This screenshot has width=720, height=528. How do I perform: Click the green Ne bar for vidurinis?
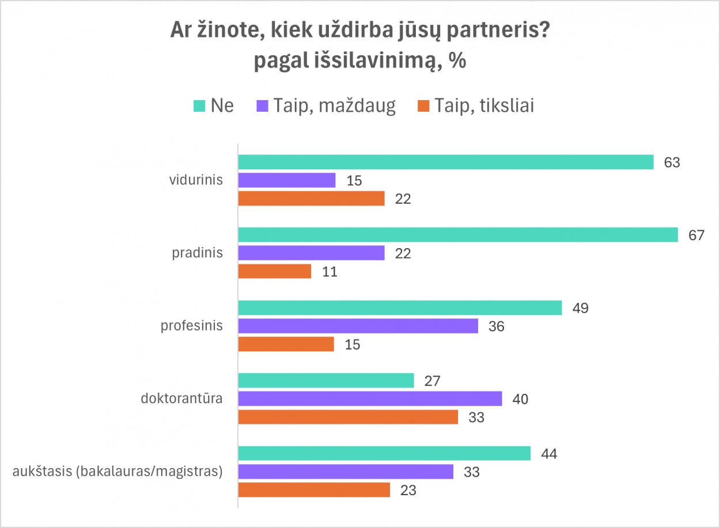pos(446,162)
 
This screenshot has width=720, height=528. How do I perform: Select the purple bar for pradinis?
pos(311,253)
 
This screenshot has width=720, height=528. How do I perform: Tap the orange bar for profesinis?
pos(286,344)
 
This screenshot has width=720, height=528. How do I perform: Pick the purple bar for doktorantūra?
pos(370,398)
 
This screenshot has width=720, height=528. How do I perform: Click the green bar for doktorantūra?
pos(326,380)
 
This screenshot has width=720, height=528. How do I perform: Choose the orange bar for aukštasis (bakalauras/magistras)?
pos(314,490)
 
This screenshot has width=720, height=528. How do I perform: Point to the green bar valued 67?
pos(458,235)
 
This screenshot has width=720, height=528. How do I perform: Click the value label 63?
pos(672,162)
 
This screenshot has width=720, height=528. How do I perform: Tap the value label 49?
pos(580,308)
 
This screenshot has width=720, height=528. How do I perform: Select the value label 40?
pos(520,398)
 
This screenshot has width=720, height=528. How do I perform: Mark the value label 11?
pos(329,272)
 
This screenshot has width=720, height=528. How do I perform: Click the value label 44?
pos(549,454)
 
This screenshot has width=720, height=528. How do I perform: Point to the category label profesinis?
pos(192,326)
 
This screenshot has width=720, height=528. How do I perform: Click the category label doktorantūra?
pos(182,398)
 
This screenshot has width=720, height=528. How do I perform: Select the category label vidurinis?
pos(196,180)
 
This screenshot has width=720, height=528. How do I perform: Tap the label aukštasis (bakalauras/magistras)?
pos(118,472)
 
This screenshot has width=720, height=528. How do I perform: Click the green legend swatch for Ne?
pos(199,106)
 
